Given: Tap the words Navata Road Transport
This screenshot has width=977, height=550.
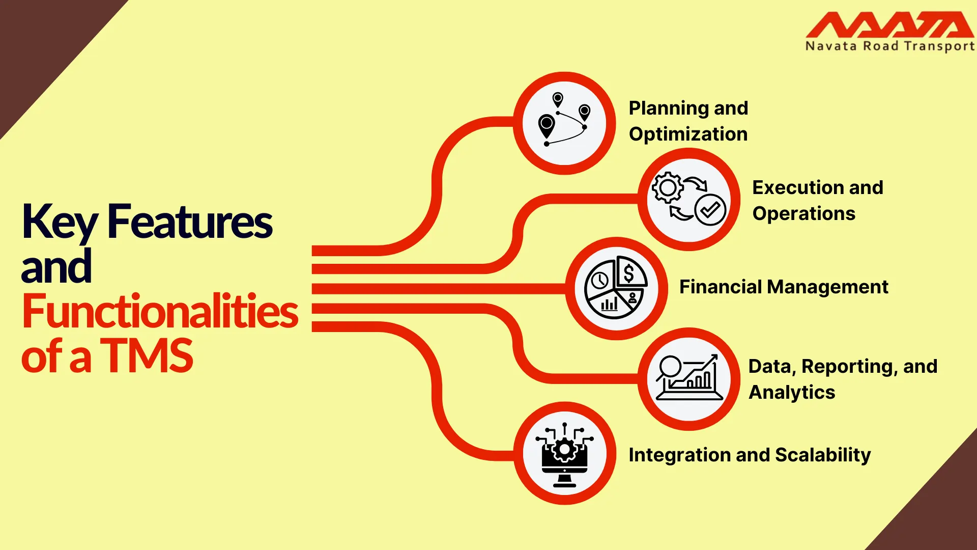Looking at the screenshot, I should (889, 46).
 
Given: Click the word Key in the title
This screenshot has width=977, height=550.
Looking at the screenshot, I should (59, 223).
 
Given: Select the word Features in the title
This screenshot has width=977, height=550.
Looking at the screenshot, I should (190, 223).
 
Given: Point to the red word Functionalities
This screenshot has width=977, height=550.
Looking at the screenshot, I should (160, 311).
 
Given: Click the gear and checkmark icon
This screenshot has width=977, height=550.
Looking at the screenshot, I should (689, 199).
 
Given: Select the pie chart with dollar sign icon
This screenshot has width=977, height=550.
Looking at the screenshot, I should (616, 288).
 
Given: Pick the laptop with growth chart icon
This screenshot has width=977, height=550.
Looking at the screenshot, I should (689, 379).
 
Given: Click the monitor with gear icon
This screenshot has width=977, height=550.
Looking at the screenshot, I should (564, 453).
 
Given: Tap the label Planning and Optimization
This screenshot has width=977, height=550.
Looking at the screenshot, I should (688, 121).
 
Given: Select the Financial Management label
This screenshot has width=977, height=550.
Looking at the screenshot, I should (784, 287).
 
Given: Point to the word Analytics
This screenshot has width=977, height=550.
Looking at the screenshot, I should (792, 393).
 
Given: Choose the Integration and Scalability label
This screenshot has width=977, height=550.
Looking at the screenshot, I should (750, 455).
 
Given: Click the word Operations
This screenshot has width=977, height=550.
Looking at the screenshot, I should (803, 214).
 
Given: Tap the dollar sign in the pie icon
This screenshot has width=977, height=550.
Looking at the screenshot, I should (629, 273).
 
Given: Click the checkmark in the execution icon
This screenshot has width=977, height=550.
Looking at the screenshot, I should (710, 209).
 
